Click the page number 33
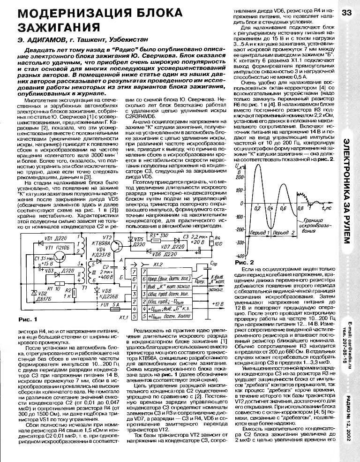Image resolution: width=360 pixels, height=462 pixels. pyautogui.click(x=347, y=12)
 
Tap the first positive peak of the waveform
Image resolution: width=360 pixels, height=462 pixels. pyautogui.click(x=256, y=168)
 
